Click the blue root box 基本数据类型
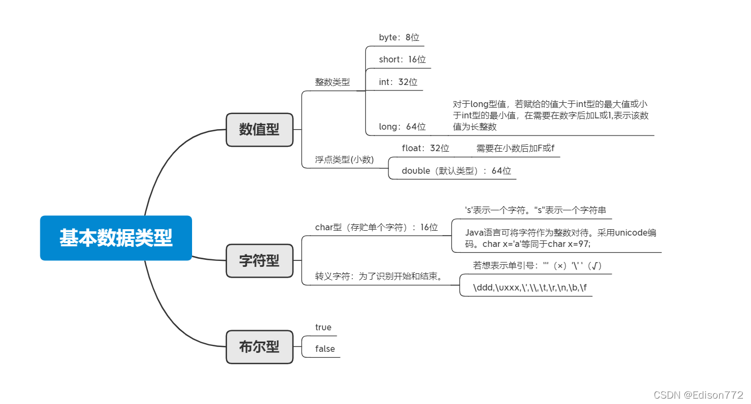(x=116, y=238)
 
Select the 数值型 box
(x=259, y=130)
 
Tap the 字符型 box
(x=259, y=260)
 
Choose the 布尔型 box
(x=259, y=346)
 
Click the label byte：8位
(x=399, y=38)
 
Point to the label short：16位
(x=402, y=60)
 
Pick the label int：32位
(x=398, y=82)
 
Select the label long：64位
(x=402, y=127)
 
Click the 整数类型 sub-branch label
(x=332, y=82)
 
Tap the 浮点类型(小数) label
(x=344, y=159)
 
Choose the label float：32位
(x=425, y=148)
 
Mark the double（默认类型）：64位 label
(x=456, y=171)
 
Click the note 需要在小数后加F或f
(x=515, y=148)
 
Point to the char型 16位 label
(x=376, y=228)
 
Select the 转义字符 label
(x=378, y=277)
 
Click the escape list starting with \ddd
(x=529, y=288)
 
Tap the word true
(x=323, y=327)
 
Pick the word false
(x=325, y=349)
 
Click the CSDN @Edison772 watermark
(x=698, y=395)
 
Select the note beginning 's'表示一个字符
(x=535, y=210)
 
